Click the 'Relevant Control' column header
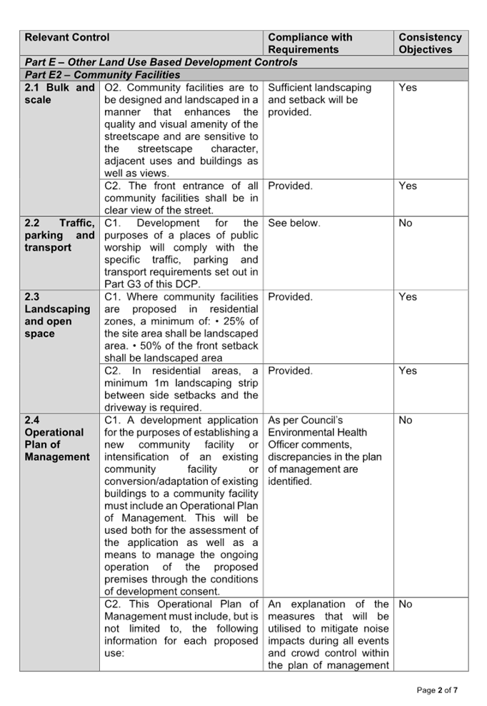(67, 37)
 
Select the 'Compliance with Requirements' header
(310, 44)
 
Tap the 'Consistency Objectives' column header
(431, 44)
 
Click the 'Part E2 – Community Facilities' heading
(102, 75)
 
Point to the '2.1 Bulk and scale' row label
(59, 94)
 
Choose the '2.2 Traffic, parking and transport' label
(59, 235)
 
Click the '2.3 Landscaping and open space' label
(57, 316)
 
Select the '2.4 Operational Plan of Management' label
(57, 438)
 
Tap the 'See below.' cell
(294, 223)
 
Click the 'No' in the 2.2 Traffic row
(406, 223)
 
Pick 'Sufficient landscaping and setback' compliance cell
(319, 99)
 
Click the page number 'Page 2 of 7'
(437, 690)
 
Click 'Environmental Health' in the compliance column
(318, 433)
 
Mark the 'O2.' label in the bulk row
(113, 87)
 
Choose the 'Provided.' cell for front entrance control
(290, 186)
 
